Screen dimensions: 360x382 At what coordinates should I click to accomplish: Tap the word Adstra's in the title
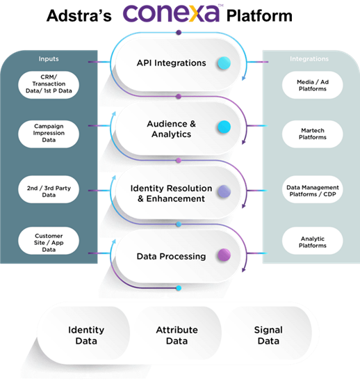point(79,15)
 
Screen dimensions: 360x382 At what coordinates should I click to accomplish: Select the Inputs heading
point(49,59)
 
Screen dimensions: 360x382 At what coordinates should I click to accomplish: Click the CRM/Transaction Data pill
point(49,85)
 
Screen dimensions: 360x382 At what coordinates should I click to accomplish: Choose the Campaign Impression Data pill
point(49,134)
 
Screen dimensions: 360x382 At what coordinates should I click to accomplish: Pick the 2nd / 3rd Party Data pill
point(49,189)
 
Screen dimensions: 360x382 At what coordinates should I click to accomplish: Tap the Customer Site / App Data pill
point(49,241)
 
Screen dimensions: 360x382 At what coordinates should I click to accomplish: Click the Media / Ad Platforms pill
point(313,85)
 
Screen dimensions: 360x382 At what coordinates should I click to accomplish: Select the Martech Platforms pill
point(313,134)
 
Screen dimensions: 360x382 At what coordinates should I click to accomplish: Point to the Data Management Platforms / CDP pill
point(313,189)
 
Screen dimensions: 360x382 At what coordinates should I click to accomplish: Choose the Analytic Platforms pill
point(313,241)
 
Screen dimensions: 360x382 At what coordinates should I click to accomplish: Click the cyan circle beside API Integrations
point(224,63)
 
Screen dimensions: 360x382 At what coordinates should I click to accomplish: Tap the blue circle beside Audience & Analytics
point(224,127)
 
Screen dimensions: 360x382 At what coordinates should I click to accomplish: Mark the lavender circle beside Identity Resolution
point(224,191)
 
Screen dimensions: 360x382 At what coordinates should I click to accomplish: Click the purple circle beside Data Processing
point(224,255)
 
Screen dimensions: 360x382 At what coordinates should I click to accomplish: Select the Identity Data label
point(86,335)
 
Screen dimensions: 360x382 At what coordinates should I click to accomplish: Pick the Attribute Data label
point(177,335)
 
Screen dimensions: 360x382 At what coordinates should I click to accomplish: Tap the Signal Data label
point(268,335)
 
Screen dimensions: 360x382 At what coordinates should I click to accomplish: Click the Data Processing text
point(171,256)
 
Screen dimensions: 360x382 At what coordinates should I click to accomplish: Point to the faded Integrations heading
point(309,59)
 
